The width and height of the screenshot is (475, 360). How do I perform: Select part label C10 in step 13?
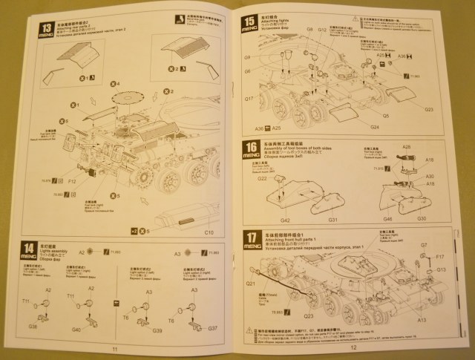coord(209,232)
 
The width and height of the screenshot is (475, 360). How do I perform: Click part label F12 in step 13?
coord(73,181)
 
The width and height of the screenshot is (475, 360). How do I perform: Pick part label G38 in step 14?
coord(33,326)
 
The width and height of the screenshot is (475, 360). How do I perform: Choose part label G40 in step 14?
coord(76,329)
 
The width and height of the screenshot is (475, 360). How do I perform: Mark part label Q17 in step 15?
coord(249,98)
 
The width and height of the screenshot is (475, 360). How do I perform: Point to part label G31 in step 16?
coord(333,220)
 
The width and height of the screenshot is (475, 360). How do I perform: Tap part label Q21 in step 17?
coord(250,283)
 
